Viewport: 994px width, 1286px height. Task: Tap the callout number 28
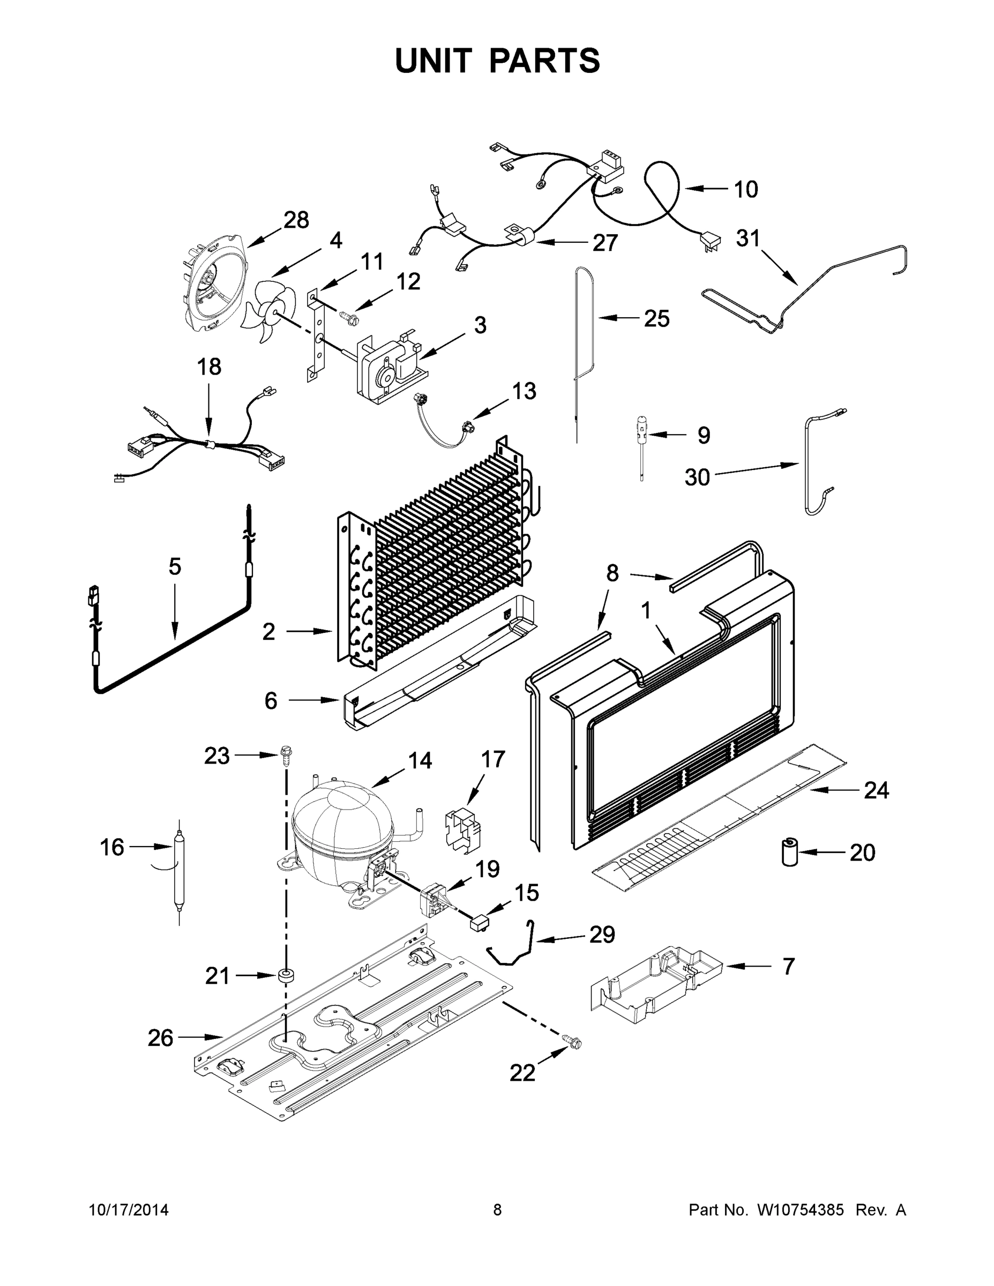point(296,220)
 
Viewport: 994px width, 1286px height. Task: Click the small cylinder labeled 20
point(789,853)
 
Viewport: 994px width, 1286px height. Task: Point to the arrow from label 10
point(706,189)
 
